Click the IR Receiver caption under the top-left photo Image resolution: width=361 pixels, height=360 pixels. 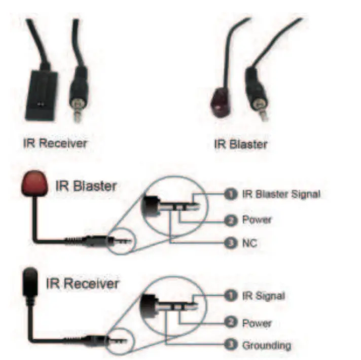[x=55, y=143]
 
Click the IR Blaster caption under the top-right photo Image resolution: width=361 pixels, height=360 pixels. [x=240, y=144]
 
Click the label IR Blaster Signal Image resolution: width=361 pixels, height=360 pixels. [x=281, y=194]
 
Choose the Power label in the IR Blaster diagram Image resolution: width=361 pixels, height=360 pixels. [x=257, y=220]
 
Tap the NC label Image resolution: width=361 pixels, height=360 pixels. [x=249, y=243]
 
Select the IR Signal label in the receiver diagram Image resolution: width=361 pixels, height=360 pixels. [x=263, y=296]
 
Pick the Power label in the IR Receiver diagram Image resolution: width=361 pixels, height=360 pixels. [x=257, y=323]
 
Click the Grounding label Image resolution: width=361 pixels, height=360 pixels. [x=266, y=346]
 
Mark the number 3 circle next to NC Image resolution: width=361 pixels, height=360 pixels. [x=231, y=243]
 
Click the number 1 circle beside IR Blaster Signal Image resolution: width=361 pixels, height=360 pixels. [x=231, y=194]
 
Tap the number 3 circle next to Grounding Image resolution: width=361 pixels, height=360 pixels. [x=231, y=346]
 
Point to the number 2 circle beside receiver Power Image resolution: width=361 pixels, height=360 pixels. [x=231, y=323]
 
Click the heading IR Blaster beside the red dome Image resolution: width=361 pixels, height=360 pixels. [x=86, y=185]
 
